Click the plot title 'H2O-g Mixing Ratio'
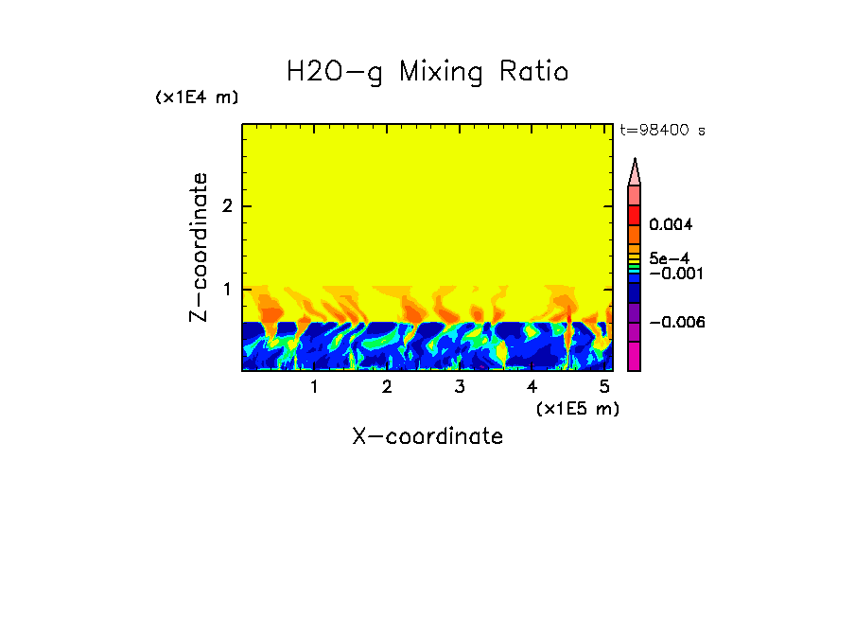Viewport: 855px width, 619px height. tap(427, 72)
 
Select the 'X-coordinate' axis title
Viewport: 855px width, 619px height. tap(427, 436)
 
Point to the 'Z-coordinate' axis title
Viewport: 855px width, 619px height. tap(199, 247)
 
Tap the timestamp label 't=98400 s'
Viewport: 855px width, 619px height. tap(662, 131)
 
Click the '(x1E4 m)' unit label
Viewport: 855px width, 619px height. tap(197, 97)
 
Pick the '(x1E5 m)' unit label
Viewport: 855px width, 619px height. tap(577, 408)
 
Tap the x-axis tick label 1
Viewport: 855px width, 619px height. tap(314, 387)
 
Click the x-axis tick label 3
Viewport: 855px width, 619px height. tap(460, 387)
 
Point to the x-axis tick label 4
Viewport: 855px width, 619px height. tap(532, 387)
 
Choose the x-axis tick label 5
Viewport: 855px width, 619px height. tap(604, 387)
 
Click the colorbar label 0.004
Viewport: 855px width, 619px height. tap(671, 225)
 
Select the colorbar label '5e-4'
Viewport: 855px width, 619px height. tap(669, 258)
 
